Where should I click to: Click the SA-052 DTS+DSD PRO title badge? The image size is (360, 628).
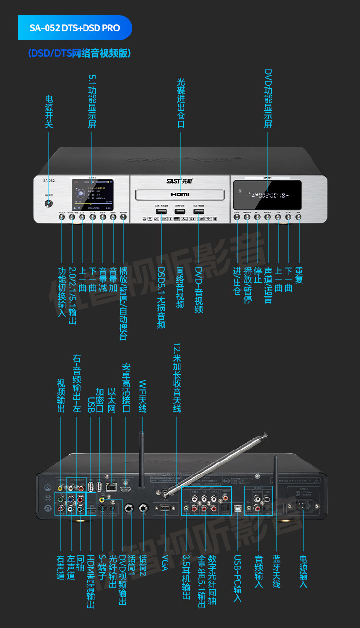[74, 28]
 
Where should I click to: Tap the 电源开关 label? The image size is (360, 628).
[48, 111]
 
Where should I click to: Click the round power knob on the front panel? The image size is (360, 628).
[48, 203]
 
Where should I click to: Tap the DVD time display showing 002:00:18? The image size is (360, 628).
[266, 195]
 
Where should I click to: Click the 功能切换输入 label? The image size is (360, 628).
[61, 291]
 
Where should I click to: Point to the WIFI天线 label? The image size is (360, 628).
[142, 396]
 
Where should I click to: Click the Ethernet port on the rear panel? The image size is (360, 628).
[111, 486]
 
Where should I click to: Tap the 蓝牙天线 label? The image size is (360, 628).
[276, 571]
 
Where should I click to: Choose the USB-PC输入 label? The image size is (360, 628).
[237, 579]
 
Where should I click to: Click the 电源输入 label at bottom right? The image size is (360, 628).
[303, 571]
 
